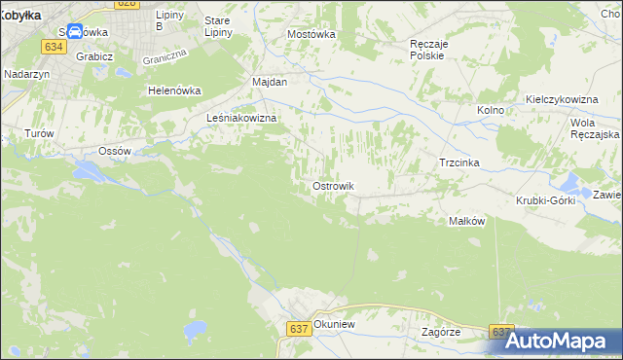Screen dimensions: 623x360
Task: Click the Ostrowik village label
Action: (333, 186)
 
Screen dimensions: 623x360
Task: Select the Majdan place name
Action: (270, 82)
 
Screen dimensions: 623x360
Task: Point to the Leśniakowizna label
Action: (243, 118)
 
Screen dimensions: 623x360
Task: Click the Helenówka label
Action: (173, 90)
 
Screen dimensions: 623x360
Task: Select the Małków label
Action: (466, 221)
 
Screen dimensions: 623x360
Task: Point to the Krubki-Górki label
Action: (546, 200)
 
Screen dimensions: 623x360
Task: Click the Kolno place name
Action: (491, 110)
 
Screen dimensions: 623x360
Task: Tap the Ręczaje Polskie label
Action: (427, 50)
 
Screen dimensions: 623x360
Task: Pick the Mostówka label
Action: (311, 33)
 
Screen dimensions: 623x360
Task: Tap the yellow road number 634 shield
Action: (54, 46)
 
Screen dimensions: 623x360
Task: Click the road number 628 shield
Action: (127, 4)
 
